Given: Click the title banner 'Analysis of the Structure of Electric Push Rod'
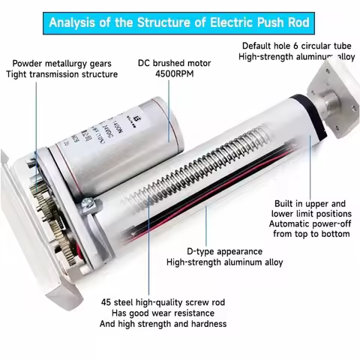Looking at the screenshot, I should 180,20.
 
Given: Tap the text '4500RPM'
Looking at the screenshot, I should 169,75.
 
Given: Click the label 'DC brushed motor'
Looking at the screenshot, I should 169,63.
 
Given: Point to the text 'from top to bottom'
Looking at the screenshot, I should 309,235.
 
